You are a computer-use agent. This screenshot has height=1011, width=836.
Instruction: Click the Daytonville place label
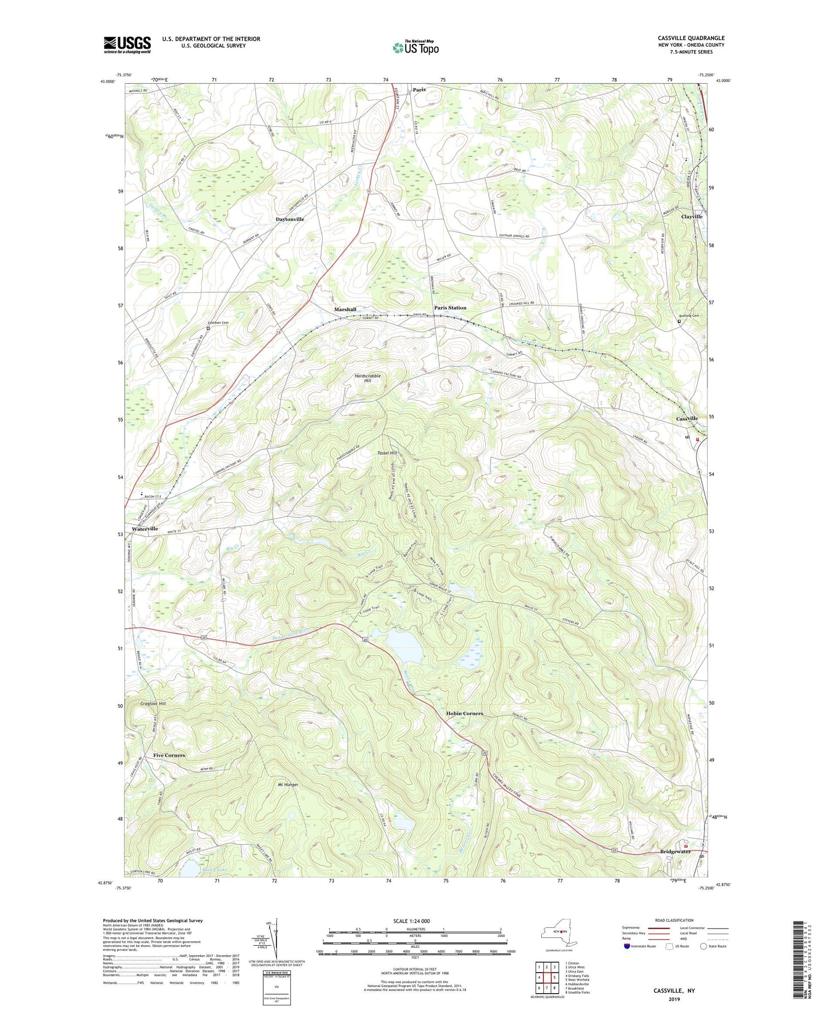(x=290, y=219)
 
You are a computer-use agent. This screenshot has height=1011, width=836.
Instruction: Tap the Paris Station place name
(x=450, y=307)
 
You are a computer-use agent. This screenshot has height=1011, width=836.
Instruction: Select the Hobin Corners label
(x=464, y=713)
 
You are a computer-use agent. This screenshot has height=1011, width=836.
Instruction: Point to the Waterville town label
(x=144, y=528)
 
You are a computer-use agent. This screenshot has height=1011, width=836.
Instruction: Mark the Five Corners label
(x=169, y=755)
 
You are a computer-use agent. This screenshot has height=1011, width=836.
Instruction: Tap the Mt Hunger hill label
(x=288, y=785)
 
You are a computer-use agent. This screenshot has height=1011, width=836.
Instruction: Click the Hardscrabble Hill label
(x=367, y=378)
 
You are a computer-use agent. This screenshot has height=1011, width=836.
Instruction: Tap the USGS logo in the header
(x=127, y=45)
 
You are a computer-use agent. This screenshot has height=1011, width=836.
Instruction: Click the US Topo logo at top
(x=415, y=47)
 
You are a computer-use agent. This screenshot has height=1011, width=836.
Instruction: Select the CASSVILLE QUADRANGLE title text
(x=691, y=38)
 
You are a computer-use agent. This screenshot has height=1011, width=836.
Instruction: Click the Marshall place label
(x=345, y=309)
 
